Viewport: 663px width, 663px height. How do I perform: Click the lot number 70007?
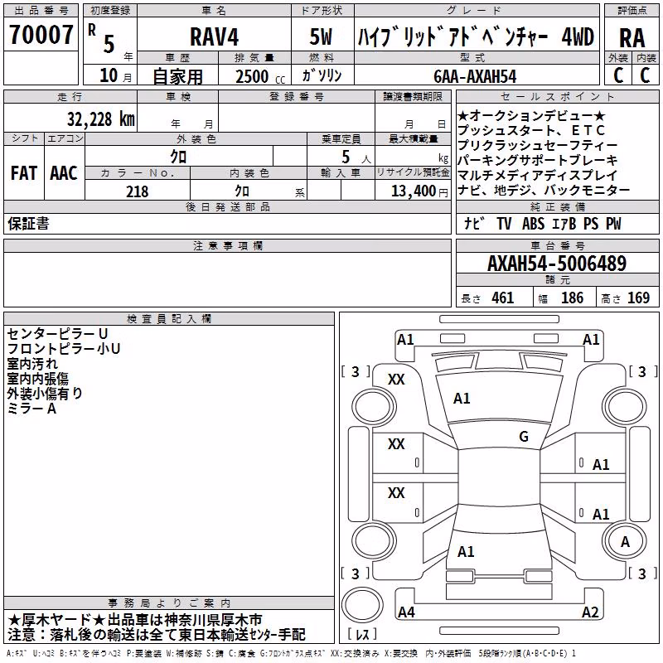(x=41, y=34)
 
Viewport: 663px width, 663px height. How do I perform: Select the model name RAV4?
(x=215, y=36)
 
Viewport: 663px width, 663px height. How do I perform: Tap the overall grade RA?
(x=632, y=38)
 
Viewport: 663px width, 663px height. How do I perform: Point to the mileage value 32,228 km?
(x=100, y=119)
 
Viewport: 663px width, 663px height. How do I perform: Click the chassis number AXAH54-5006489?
(x=557, y=264)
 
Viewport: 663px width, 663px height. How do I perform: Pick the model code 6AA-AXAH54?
(x=475, y=76)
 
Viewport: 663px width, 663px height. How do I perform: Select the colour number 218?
(x=137, y=191)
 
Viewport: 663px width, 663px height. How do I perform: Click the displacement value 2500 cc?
(x=260, y=76)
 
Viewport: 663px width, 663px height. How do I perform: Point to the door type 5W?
(x=321, y=36)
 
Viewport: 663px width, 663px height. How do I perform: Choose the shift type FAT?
(x=24, y=173)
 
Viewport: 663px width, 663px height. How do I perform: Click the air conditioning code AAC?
(x=64, y=173)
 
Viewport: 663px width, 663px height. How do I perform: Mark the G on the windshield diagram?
(x=524, y=436)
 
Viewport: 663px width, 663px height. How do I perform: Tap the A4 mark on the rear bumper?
(x=406, y=612)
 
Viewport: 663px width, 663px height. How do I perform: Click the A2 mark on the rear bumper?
(x=590, y=612)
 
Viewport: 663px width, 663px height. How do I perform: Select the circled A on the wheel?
(x=625, y=541)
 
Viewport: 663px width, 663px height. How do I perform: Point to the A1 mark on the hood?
(x=462, y=399)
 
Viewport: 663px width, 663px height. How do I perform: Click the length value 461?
(x=502, y=298)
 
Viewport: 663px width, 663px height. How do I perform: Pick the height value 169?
(x=638, y=298)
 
